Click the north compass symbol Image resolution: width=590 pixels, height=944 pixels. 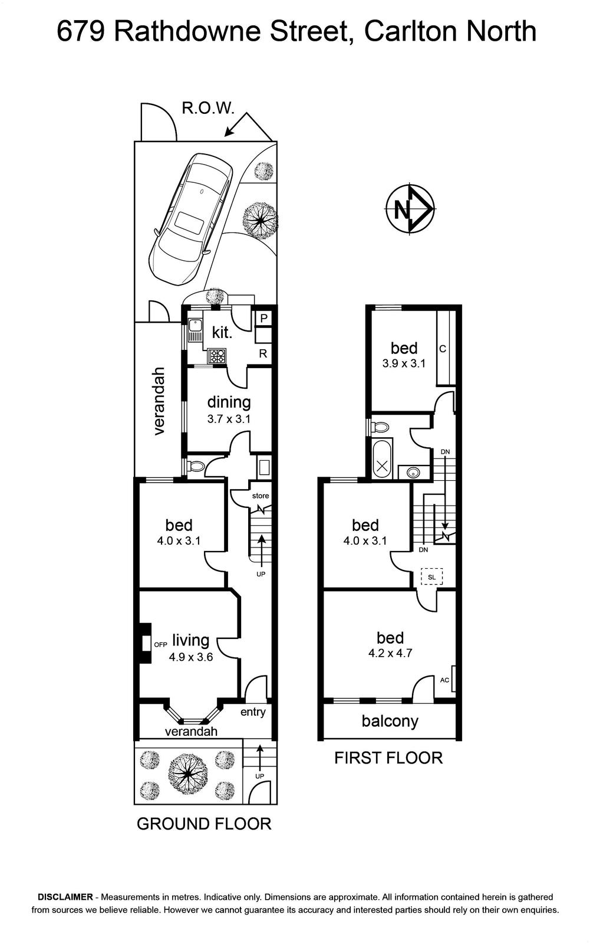click(410, 208)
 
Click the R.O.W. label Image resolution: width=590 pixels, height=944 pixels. click(207, 109)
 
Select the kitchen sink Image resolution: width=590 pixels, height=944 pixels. click(195, 325)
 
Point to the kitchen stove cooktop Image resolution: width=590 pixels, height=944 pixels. click(216, 356)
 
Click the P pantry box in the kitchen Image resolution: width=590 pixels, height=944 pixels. click(263, 318)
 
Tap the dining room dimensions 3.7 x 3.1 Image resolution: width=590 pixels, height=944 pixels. click(229, 419)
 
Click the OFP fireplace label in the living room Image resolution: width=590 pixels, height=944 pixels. click(160, 644)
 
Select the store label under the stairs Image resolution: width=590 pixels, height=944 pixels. click(261, 496)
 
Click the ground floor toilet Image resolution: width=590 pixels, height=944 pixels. click(196, 466)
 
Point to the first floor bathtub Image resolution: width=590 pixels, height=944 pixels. click(382, 458)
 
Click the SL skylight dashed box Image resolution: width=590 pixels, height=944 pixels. click(431, 577)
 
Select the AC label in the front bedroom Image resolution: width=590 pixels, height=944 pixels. click(444, 680)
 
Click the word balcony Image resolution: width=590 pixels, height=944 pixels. click(390, 721)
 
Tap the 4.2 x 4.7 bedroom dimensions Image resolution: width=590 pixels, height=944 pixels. click(390, 653)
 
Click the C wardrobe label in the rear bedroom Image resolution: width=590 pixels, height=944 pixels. click(443, 349)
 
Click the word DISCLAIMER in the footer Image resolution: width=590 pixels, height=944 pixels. click(65, 897)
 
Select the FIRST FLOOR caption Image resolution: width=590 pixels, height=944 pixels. click(388, 758)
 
